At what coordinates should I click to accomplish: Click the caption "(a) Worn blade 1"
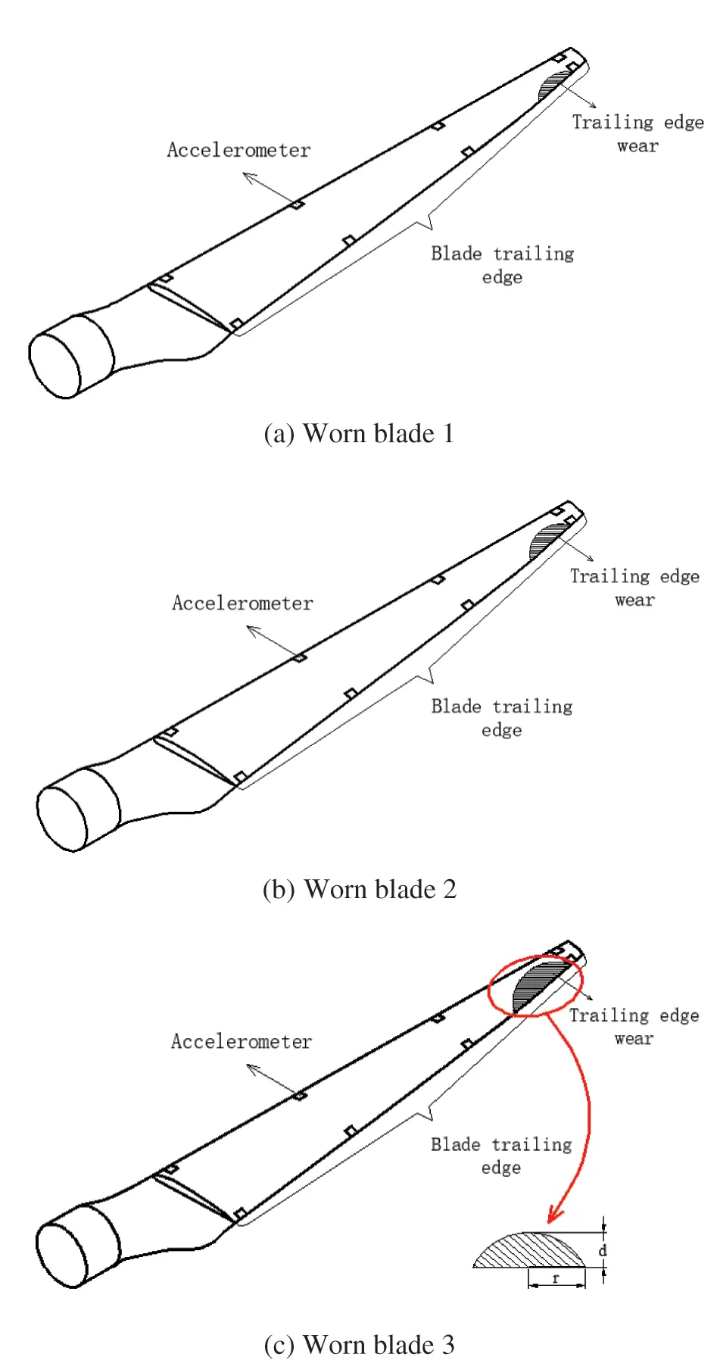click(359, 434)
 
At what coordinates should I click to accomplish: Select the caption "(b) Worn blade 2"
click(360, 889)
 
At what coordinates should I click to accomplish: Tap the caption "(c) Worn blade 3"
click(359, 1345)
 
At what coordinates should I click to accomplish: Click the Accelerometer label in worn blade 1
click(238, 150)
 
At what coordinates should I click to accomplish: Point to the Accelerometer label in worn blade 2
click(242, 603)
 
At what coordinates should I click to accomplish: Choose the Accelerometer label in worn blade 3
click(242, 1041)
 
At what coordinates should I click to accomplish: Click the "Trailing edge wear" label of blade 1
click(637, 133)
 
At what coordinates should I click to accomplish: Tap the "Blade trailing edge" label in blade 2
click(502, 718)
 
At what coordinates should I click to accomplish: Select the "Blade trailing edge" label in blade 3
click(501, 1156)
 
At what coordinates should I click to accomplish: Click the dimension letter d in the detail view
click(603, 1250)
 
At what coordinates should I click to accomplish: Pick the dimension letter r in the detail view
click(556, 1278)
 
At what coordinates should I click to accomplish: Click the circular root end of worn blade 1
click(55, 365)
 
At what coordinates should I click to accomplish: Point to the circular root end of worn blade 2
click(63, 819)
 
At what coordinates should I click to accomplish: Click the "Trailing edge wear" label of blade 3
click(634, 1026)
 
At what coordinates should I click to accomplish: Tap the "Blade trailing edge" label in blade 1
click(503, 265)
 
